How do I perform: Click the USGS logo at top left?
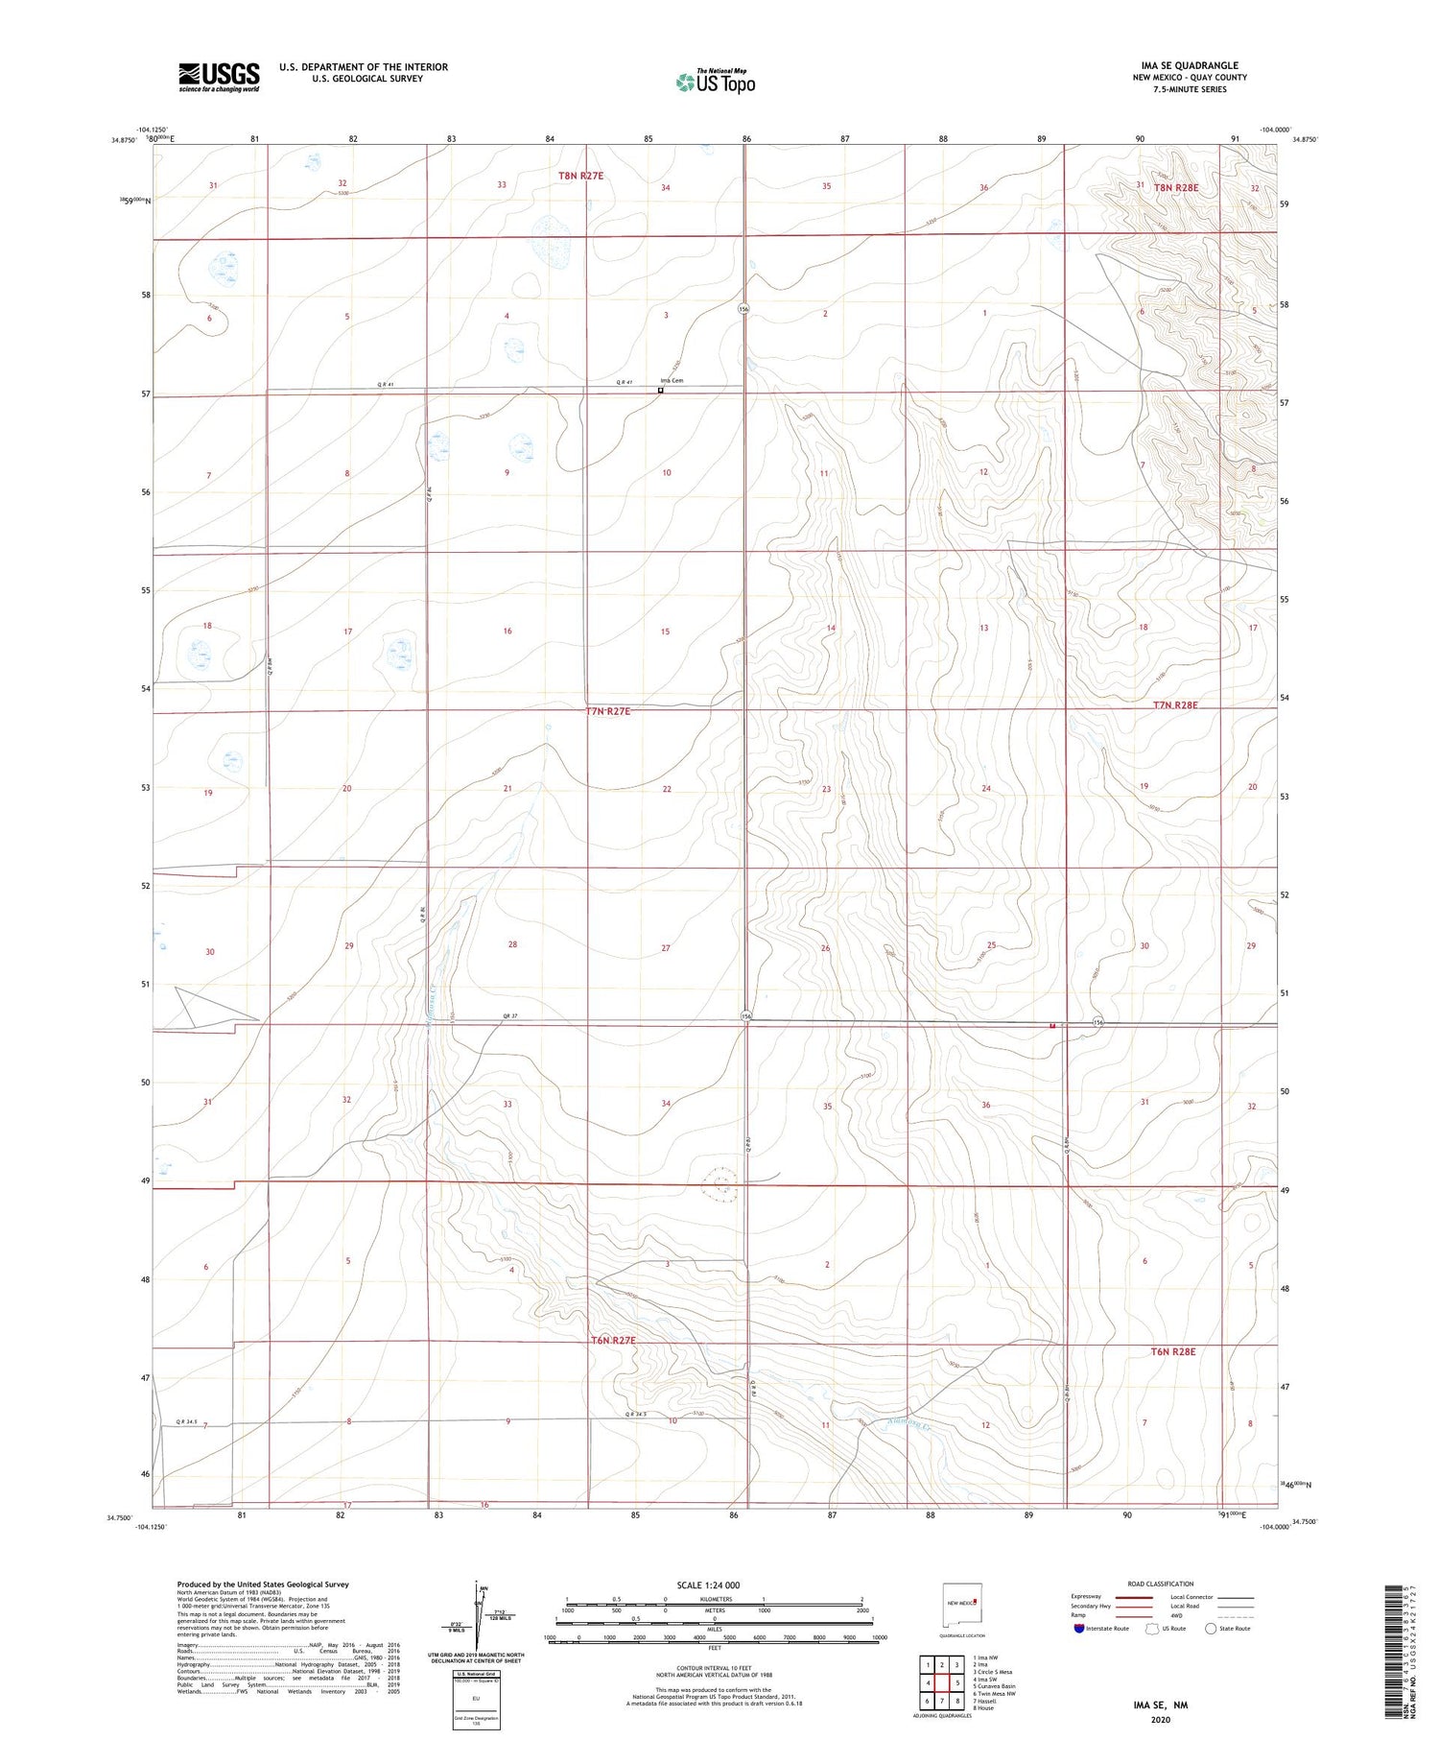coord(219,77)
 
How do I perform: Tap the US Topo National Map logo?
coord(714,82)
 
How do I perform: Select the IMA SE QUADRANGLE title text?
coord(1189,65)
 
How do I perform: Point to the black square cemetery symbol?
coord(660,391)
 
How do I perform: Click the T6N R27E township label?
coord(613,1340)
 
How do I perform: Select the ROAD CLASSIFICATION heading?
coord(1161,1584)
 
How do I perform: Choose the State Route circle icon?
coord(1211,1629)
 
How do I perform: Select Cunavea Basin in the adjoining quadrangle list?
coord(996,1685)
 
